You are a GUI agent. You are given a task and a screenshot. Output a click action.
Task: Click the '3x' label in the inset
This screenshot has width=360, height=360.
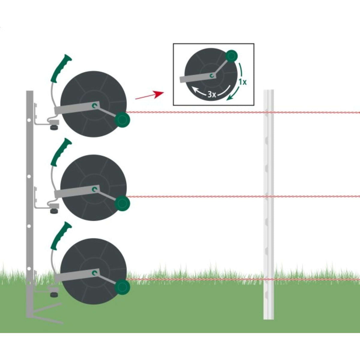[212, 94]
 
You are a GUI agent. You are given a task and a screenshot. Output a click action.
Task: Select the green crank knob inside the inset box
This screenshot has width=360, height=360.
[231, 55]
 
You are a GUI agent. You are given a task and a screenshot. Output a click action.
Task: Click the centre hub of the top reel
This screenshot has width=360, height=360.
[95, 105]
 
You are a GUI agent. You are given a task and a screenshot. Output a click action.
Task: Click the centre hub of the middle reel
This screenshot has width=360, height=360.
[95, 189]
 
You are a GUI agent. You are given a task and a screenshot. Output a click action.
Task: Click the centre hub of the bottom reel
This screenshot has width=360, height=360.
[95, 272]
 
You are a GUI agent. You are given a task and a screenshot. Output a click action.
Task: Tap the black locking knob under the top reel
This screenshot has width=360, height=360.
[54, 127]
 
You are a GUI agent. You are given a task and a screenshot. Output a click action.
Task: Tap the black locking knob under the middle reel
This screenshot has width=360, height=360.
[54, 211]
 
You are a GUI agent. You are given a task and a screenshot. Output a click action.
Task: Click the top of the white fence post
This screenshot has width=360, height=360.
[268, 91]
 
